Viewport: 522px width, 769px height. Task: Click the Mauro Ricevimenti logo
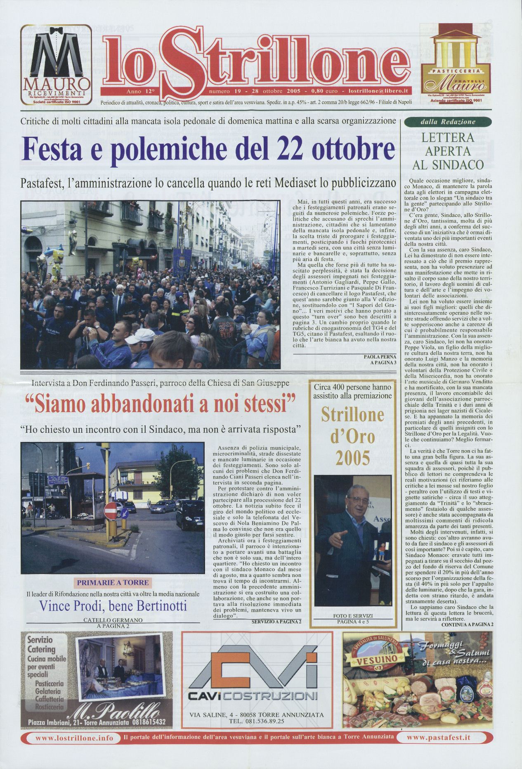coord(56,64)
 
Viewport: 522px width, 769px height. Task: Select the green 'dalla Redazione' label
coord(448,122)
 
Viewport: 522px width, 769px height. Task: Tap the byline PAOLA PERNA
coord(380,356)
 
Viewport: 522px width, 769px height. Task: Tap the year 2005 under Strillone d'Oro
coord(352,457)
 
